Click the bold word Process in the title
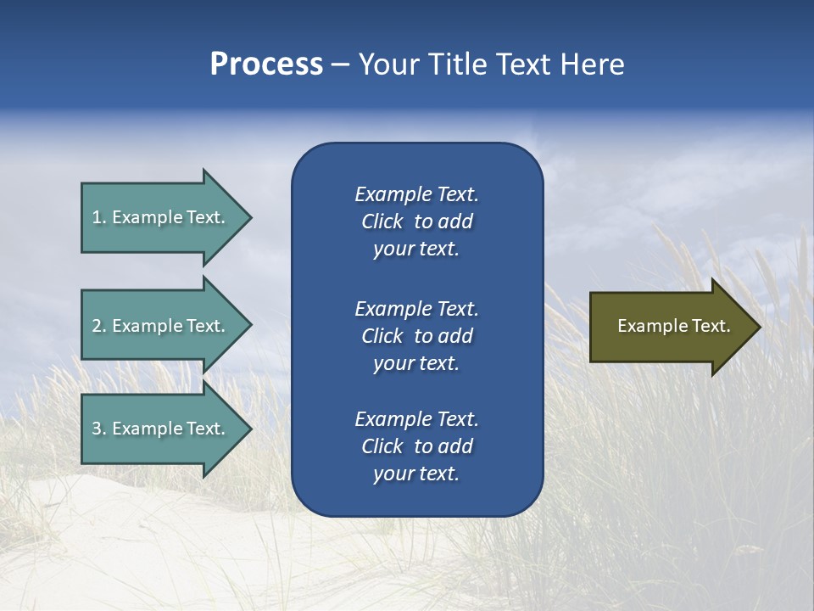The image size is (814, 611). click(266, 64)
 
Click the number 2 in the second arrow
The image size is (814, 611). click(97, 326)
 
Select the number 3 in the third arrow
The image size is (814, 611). click(97, 429)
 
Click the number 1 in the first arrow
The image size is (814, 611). click(97, 217)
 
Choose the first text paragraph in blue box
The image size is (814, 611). click(416, 221)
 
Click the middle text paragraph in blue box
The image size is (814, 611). click(416, 336)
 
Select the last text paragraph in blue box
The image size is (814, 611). click(416, 446)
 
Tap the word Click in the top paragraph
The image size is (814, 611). click(382, 221)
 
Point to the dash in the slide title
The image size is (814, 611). click(340, 65)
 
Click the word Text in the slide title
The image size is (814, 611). click(524, 64)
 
